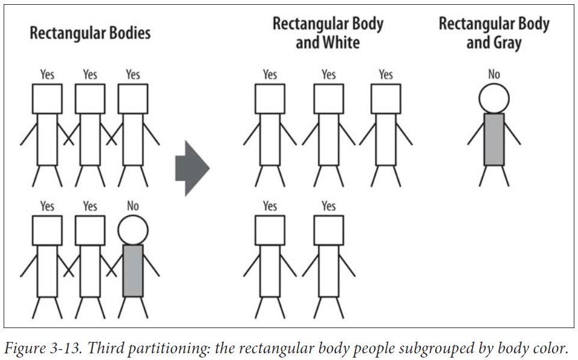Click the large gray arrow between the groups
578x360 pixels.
(191, 168)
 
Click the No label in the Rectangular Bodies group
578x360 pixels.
(132, 206)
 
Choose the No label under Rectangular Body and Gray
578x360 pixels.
(494, 74)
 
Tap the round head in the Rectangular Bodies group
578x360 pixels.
(132, 230)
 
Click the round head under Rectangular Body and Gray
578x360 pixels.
(494, 98)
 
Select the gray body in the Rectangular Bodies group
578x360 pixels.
(132, 270)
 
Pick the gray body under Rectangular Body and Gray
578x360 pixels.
(494, 139)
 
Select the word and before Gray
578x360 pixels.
(479, 42)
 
